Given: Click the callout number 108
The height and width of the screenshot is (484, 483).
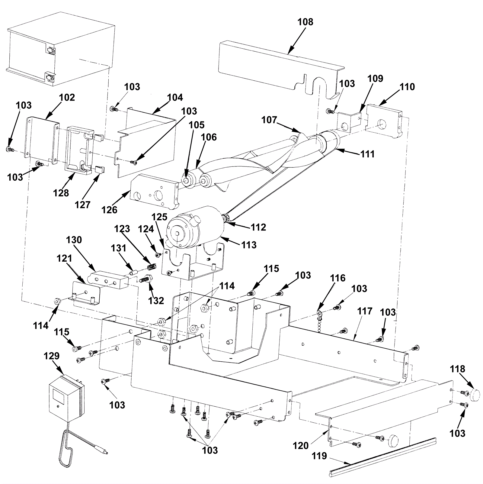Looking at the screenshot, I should click(x=305, y=22).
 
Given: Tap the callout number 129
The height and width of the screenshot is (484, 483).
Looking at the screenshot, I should click(x=51, y=356).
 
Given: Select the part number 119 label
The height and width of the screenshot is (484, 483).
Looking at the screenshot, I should click(x=319, y=456).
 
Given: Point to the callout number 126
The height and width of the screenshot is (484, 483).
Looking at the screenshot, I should click(x=109, y=209).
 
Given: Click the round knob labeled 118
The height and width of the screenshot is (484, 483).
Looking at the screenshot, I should click(x=474, y=394).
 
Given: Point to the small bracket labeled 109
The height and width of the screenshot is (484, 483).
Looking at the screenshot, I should click(x=349, y=122).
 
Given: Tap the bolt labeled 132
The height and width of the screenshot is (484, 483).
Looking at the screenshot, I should click(x=147, y=279).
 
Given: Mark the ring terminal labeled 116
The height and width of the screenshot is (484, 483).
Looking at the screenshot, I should click(x=320, y=312).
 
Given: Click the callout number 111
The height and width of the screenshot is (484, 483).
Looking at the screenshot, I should click(x=367, y=154).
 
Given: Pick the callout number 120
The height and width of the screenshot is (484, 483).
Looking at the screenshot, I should click(x=300, y=445).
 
